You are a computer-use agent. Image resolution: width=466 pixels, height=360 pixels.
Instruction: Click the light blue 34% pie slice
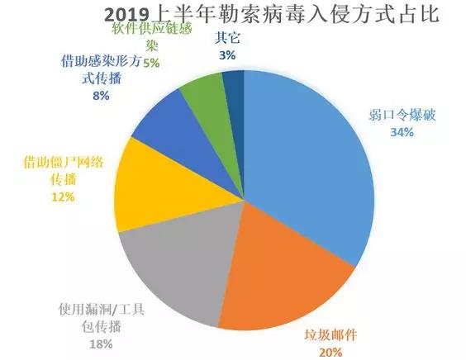click(306, 165)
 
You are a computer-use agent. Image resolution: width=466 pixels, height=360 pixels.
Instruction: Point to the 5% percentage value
click(152, 62)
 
